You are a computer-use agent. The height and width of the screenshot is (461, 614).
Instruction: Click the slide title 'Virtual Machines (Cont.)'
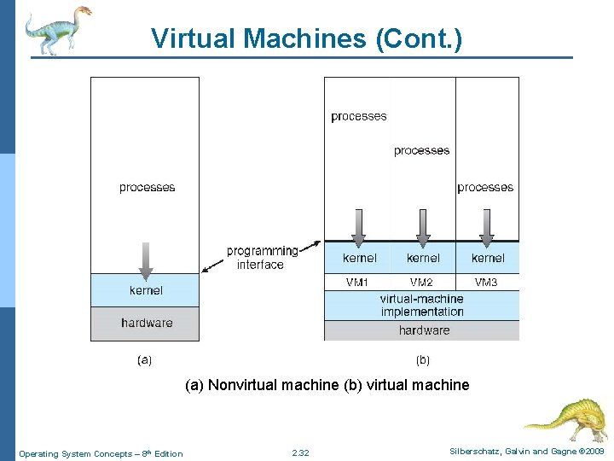click(x=306, y=38)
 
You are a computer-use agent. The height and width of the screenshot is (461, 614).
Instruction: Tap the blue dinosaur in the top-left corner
click(x=55, y=30)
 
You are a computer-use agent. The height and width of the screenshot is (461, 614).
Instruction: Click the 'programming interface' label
click(x=262, y=258)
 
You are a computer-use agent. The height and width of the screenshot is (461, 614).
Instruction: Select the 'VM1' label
click(x=356, y=283)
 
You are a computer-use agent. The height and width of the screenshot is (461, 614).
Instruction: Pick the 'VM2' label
click(x=421, y=283)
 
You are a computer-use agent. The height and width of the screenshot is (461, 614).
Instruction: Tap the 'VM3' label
click(x=486, y=283)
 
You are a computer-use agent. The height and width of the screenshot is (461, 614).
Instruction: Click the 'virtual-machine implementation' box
click(x=421, y=306)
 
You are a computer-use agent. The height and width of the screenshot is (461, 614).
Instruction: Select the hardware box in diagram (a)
click(x=145, y=324)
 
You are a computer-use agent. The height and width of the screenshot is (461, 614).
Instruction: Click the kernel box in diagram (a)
click(x=145, y=290)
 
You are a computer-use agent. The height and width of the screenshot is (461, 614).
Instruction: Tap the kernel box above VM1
click(x=358, y=258)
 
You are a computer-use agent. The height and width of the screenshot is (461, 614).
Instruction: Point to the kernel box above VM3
click(x=487, y=258)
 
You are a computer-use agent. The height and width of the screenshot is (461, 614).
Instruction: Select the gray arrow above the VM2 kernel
click(x=422, y=226)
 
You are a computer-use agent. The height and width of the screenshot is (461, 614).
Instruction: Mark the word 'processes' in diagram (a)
click(x=147, y=188)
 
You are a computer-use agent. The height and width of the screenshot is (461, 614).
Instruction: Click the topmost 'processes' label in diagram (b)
click(x=358, y=117)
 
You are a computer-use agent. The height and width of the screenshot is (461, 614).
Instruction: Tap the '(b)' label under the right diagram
click(x=423, y=360)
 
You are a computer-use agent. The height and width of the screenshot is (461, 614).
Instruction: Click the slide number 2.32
click(x=300, y=452)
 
